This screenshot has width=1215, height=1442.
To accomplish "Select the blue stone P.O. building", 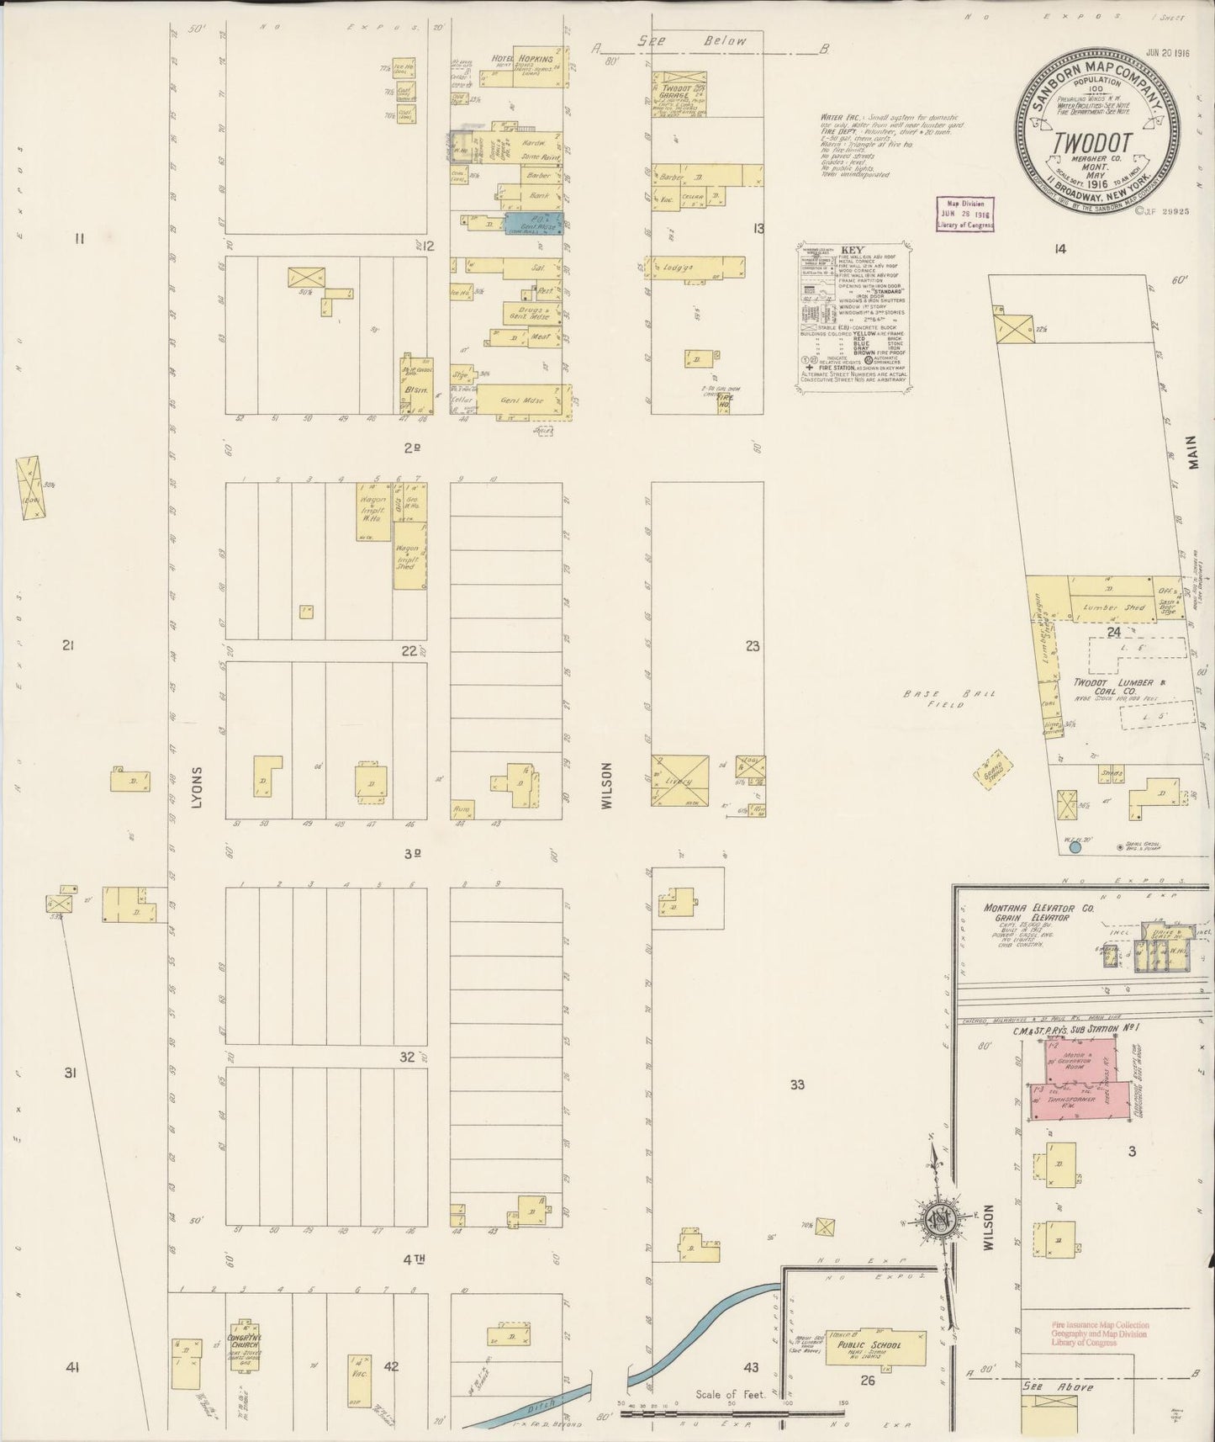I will click(533, 223).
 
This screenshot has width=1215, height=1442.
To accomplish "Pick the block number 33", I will click(797, 1084).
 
